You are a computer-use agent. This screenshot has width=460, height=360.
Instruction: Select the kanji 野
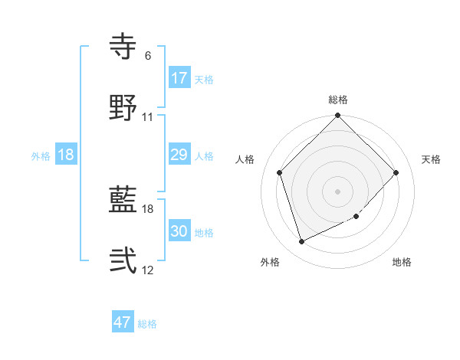pos(123,109)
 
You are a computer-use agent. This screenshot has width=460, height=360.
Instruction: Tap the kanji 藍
pos(123,201)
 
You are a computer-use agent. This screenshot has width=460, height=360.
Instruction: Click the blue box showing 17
pos(179,78)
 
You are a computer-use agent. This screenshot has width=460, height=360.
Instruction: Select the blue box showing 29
pos(179,155)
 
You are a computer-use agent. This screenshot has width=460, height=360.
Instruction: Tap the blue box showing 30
pos(179,231)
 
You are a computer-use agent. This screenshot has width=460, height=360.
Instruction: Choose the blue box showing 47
pos(123,322)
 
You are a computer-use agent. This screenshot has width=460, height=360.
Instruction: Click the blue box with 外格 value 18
pos(66,155)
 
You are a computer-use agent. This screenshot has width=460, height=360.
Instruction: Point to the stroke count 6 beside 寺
pos(148,56)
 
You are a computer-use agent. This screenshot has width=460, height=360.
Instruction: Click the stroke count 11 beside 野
pos(148,117)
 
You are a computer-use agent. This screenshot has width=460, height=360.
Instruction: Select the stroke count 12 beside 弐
pos(148,270)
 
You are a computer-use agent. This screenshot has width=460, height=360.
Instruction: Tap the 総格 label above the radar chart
pos(338,100)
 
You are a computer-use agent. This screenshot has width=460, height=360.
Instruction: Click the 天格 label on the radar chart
pos(431,159)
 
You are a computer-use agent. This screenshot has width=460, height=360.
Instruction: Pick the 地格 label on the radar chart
pos(402,262)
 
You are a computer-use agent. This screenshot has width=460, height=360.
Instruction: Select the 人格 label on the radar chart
pos(245,159)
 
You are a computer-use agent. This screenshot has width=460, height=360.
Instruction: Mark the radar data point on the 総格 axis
pos(338,116)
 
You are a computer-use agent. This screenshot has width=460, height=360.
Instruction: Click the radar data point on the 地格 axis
pos(356,217)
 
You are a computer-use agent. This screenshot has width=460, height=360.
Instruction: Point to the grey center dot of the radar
pos(338,191)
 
